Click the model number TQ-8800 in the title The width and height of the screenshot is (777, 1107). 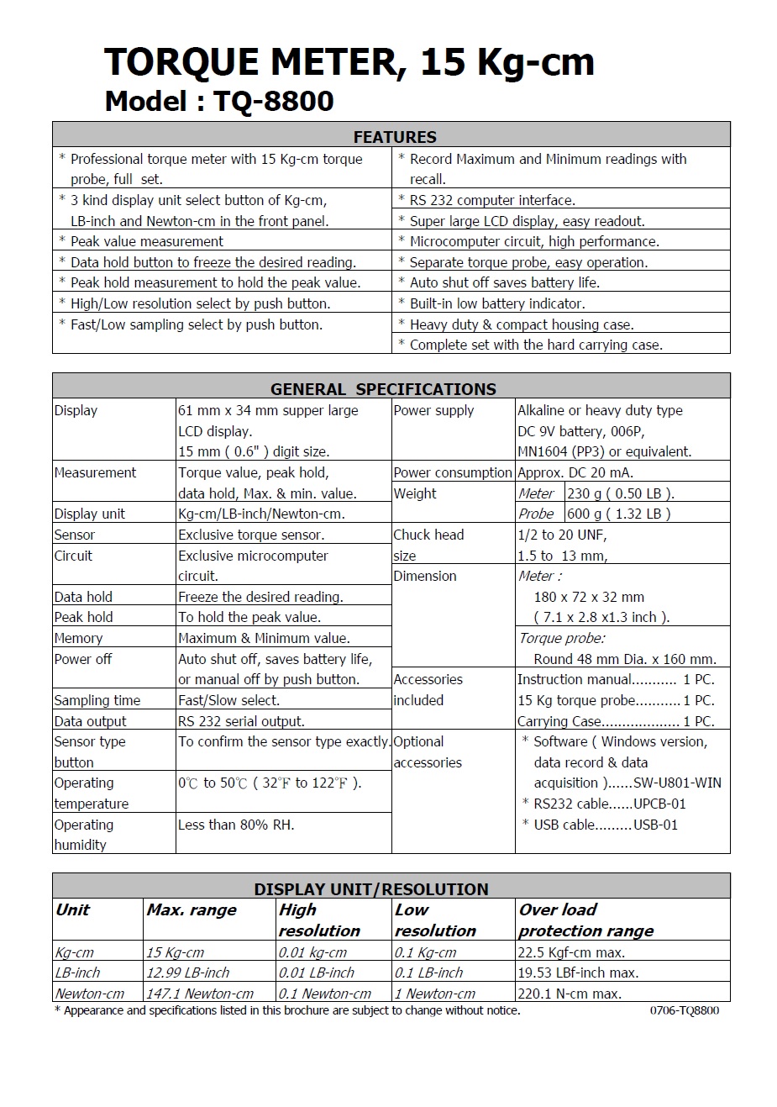[x=274, y=102]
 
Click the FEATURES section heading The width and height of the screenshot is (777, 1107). [x=395, y=137]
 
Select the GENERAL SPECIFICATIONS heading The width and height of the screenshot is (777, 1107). [x=383, y=389]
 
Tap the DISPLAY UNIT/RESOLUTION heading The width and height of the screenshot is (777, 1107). [x=371, y=889]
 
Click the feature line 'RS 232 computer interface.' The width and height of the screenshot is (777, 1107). [x=492, y=200]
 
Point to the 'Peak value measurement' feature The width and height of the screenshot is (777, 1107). [x=147, y=241]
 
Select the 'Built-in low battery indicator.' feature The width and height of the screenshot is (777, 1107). [x=497, y=303]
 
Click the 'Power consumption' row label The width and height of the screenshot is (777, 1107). [x=452, y=472]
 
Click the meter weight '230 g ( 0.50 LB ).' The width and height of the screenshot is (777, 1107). [x=621, y=493]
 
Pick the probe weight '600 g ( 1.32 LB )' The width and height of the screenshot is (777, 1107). [x=619, y=514]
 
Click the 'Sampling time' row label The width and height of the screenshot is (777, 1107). [x=97, y=700]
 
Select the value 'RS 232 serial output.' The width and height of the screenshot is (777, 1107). [x=241, y=721]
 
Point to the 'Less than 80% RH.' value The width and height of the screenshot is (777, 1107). [x=236, y=825]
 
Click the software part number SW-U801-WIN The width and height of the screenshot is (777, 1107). [x=677, y=783]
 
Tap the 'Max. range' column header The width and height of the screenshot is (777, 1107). [x=192, y=909]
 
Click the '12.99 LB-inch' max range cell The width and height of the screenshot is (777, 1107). [x=188, y=973]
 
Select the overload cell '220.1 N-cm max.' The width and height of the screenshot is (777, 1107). [x=570, y=994]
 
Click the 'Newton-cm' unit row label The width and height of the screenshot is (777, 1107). [x=90, y=994]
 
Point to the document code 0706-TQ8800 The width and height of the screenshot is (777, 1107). [x=684, y=1010]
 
